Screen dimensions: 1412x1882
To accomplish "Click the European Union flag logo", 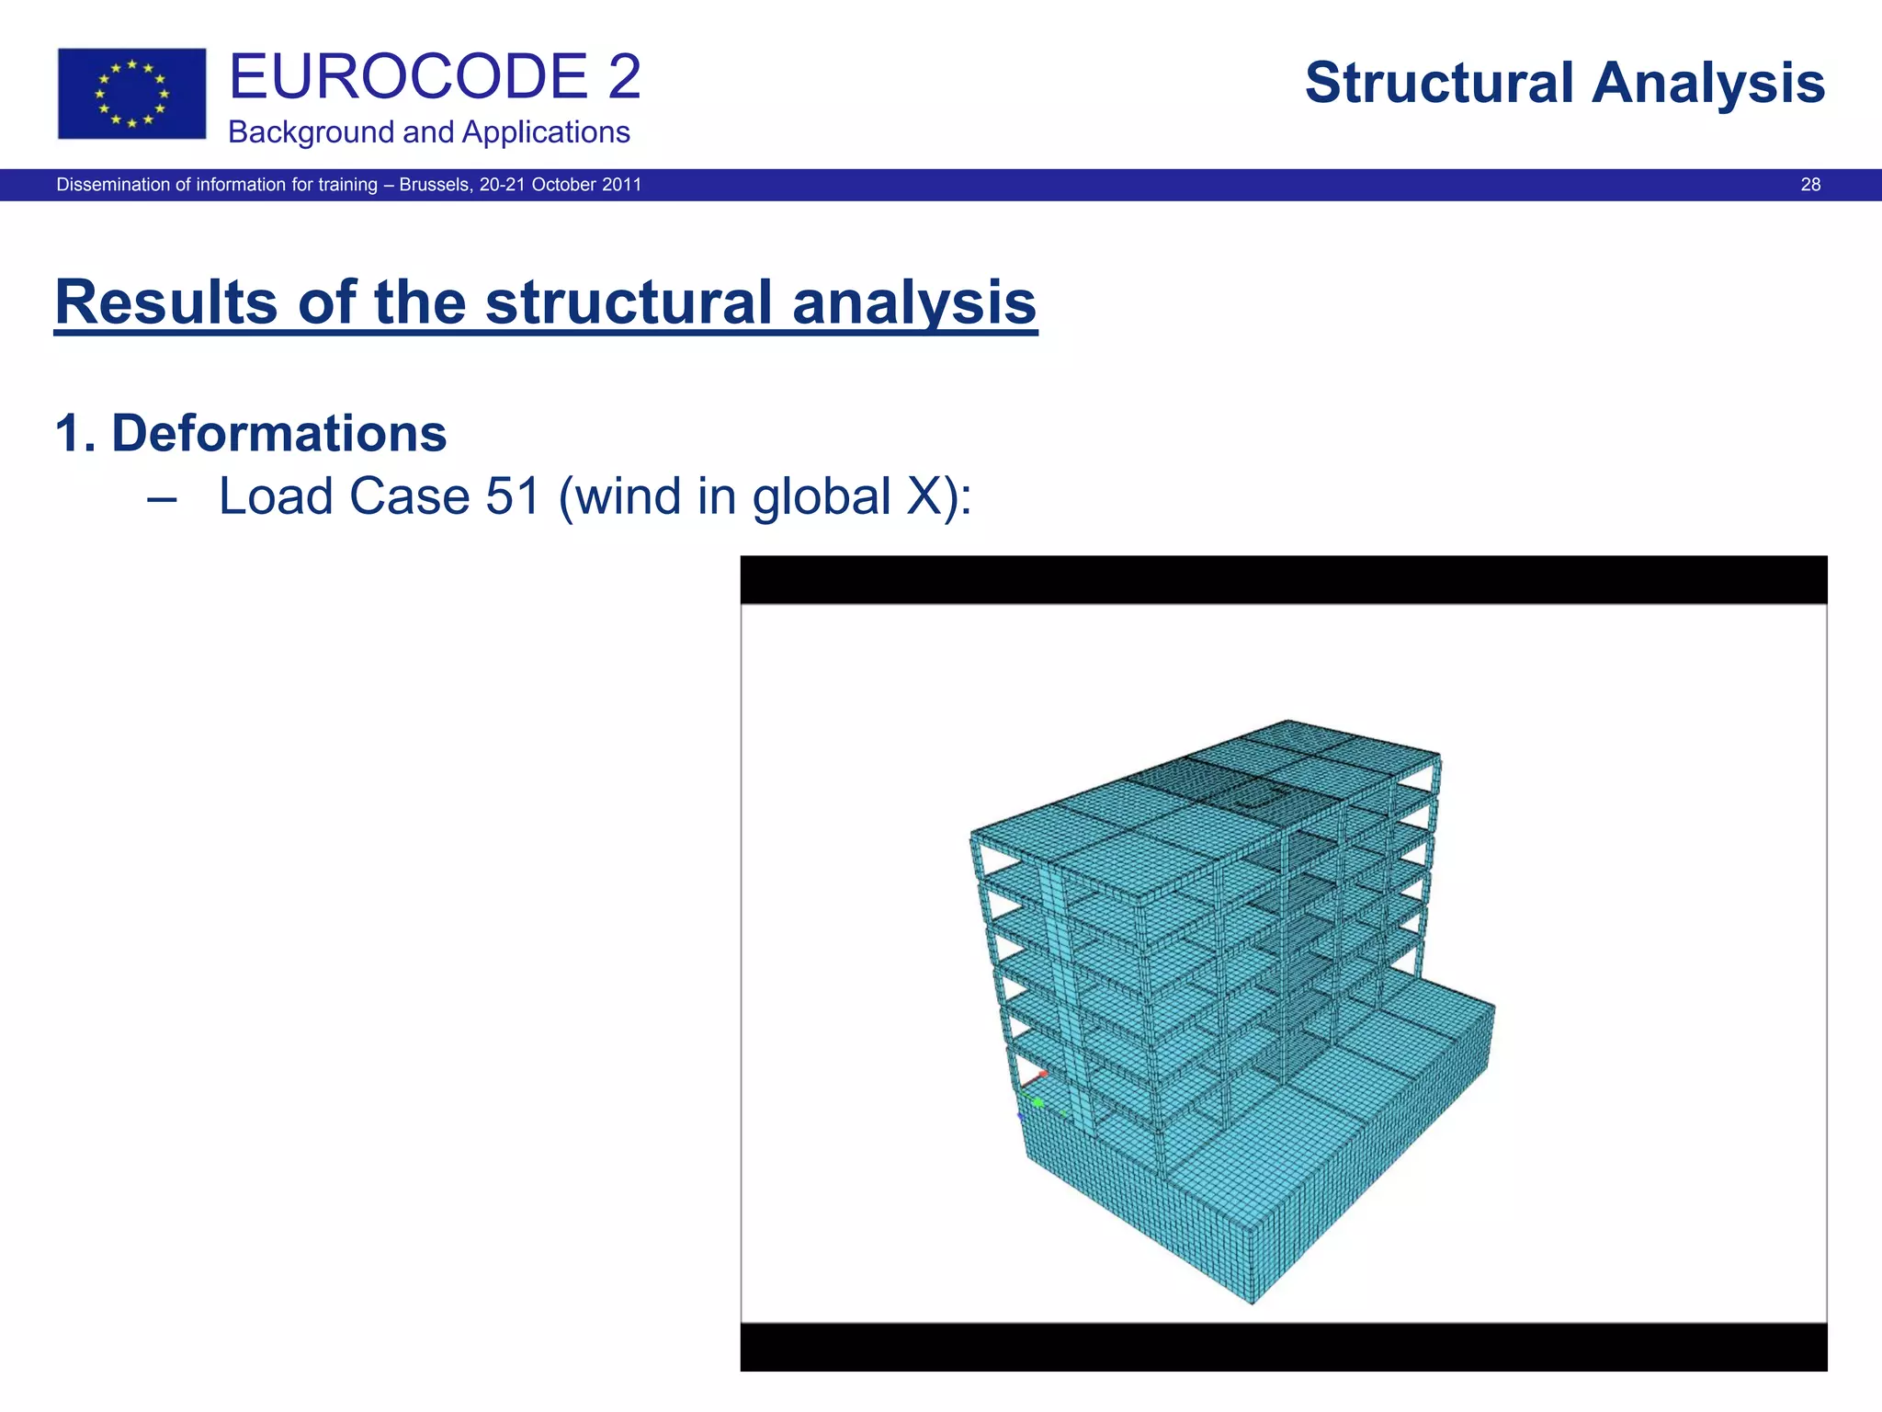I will pyautogui.click(x=131, y=94).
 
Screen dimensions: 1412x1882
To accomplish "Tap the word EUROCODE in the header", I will pyautogui.click(x=408, y=77).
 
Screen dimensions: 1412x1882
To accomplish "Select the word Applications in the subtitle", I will pyautogui.click(x=546, y=132).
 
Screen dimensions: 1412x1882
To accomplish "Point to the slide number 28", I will pyautogui.click(x=1809, y=185).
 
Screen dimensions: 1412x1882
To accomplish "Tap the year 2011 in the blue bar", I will pyautogui.click(x=620, y=185).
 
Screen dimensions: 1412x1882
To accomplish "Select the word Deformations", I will pyautogui.click(x=278, y=433).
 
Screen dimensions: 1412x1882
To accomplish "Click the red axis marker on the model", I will pyautogui.click(x=1043, y=1074).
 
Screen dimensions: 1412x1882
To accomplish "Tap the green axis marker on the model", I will pyautogui.click(x=1037, y=1101).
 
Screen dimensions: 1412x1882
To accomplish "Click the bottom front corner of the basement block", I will pyautogui.click(x=1253, y=1301).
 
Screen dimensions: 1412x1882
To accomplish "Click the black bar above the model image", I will pyautogui.click(x=1283, y=579).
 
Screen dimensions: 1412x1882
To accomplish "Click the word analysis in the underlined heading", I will pyautogui.click(x=913, y=302).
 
